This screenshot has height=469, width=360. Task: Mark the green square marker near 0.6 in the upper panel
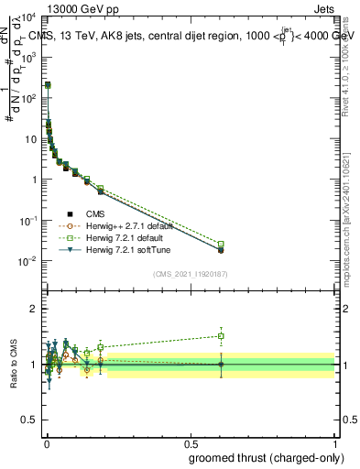point(220,244)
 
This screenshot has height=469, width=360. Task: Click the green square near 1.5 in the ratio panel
point(220,336)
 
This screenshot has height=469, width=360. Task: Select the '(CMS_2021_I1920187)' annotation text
point(190,274)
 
